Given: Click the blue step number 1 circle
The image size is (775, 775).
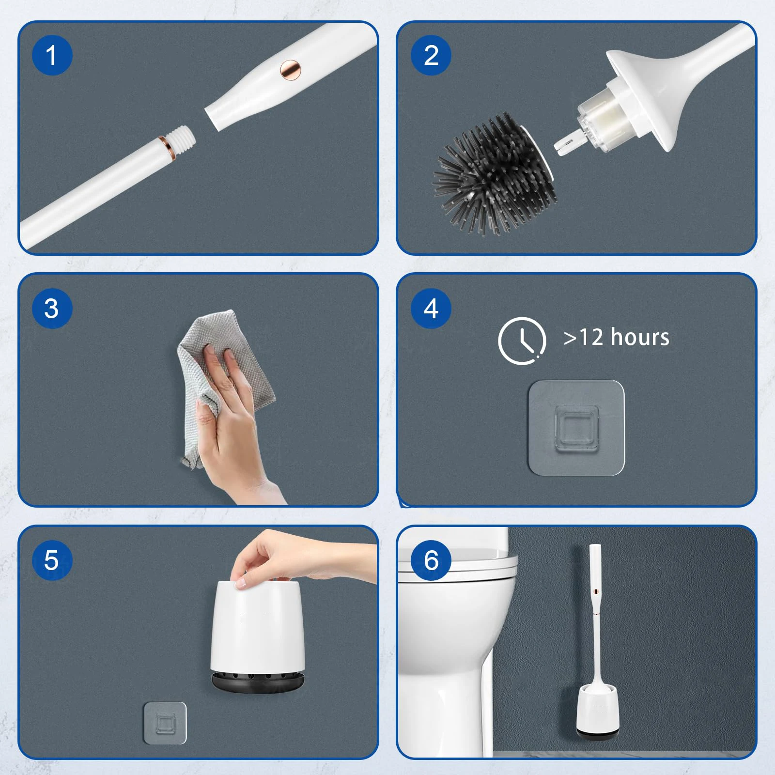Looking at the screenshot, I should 52,55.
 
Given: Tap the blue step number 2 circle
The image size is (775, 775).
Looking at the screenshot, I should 431,55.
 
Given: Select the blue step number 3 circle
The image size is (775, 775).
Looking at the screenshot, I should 52,309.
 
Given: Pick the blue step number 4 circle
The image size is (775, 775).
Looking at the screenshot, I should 431,309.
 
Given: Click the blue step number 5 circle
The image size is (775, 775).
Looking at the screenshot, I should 52,560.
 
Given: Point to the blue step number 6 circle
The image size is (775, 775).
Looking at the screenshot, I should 431,560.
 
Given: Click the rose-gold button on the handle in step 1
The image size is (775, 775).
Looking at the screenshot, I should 291,70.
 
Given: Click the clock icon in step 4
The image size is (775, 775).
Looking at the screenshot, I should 522,340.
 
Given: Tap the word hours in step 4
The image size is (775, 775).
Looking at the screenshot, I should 640,338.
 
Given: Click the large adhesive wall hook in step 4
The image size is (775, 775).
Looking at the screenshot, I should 576,428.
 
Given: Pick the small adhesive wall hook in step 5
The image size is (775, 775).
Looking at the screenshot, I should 165,723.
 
